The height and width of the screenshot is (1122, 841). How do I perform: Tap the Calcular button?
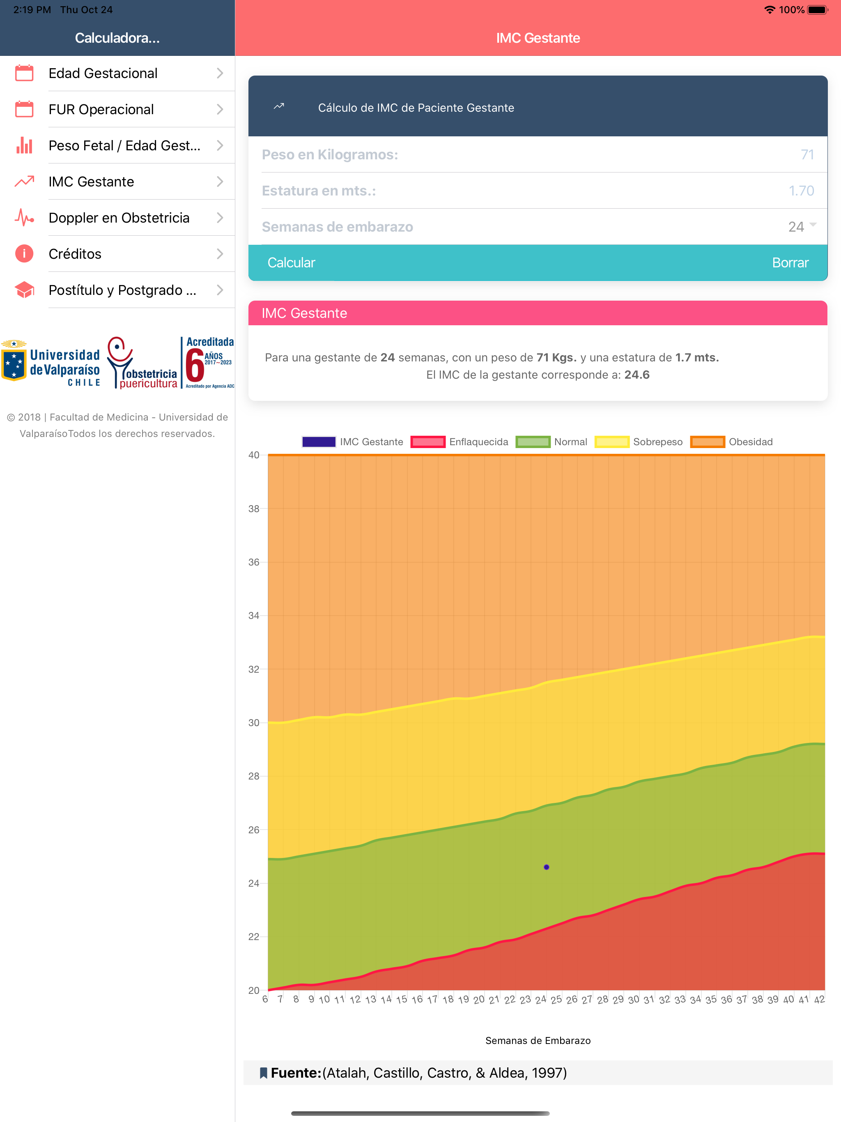click(x=291, y=263)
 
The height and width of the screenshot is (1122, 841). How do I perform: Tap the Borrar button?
click(x=790, y=263)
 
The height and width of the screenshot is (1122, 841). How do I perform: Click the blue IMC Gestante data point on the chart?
click(x=546, y=867)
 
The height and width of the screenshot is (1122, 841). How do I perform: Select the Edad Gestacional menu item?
click(x=103, y=73)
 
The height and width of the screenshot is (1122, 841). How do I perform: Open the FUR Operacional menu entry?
click(x=101, y=110)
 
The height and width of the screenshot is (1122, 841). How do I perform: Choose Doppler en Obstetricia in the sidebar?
click(x=119, y=218)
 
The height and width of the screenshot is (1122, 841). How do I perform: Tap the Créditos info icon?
click(x=24, y=254)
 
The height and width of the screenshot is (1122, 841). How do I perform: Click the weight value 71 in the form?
click(x=807, y=155)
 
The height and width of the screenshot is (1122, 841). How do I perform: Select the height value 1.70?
click(x=802, y=191)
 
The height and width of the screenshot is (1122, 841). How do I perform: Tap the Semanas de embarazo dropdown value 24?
click(x=796, y=227)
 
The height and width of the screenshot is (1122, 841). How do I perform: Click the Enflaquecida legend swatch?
click(x=427, y=442)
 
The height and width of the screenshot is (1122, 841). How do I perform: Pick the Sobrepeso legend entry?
click(x=639, y=442)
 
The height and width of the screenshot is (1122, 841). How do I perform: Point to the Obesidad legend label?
click(x=751, y=442)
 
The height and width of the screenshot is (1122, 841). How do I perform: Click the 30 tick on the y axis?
click(x=254, y=723)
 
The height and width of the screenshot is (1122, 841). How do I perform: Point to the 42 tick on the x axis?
click(x=819, y=999)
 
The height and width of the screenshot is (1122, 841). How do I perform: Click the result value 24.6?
click(x=636, y=375)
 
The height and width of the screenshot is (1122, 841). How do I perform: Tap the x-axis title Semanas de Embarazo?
click(x=538, y=1040)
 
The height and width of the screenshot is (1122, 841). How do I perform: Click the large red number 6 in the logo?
click(x=195, y=365)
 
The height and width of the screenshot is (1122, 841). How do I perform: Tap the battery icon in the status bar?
click(x=818, y=9)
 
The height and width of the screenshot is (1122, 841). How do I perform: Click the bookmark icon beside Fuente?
click(x=263, y=1073)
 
